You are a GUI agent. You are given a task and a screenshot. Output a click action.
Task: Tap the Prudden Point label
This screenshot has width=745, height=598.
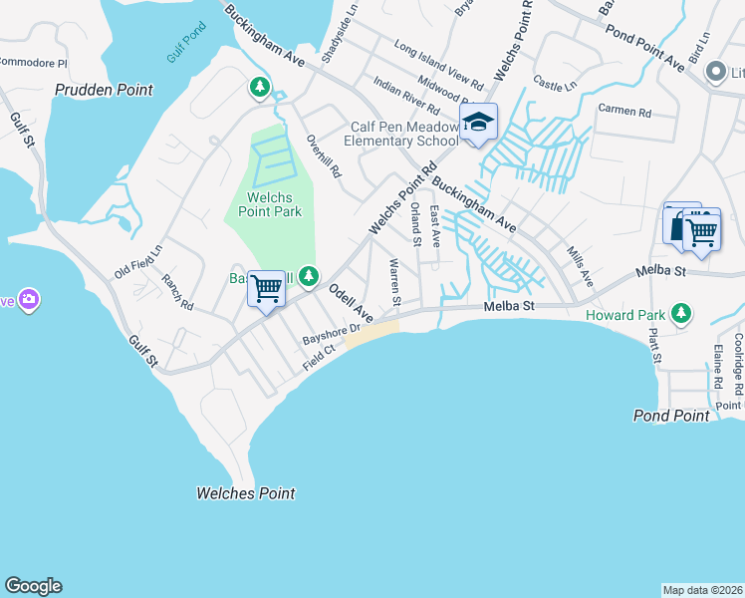pyautogui.click(x=105, y=90)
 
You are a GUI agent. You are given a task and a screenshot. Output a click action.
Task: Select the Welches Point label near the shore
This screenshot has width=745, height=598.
pyautogui.click(x=245, y=492)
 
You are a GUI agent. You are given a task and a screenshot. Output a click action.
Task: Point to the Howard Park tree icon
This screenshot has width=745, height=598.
pyautogui.click(x=681, y=315)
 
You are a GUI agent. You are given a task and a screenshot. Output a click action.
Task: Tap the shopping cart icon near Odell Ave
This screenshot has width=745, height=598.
pyautogui.click(x=266, y=289)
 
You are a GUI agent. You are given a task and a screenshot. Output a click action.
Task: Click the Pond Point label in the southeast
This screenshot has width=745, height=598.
pyautogui.click(x=673, y=414)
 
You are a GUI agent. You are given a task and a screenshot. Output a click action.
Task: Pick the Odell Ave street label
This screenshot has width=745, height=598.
pyautogui.click(x=350, y=303)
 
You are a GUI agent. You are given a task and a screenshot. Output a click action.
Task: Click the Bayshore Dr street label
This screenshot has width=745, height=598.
pyautogui.click(x=331, y=335)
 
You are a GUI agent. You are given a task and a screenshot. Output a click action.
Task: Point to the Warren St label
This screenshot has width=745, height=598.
pyautogui.click(x=394, y=282)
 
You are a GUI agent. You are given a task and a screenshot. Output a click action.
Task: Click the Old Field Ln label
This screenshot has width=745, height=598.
pyautogui.click(x=137, y=261)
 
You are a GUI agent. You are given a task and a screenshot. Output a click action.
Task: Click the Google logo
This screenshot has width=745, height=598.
pyautogui.click(x=33, y=586)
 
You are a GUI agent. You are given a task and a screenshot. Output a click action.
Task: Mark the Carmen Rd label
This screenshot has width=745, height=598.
pyautogui.click(x=623, y=112)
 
